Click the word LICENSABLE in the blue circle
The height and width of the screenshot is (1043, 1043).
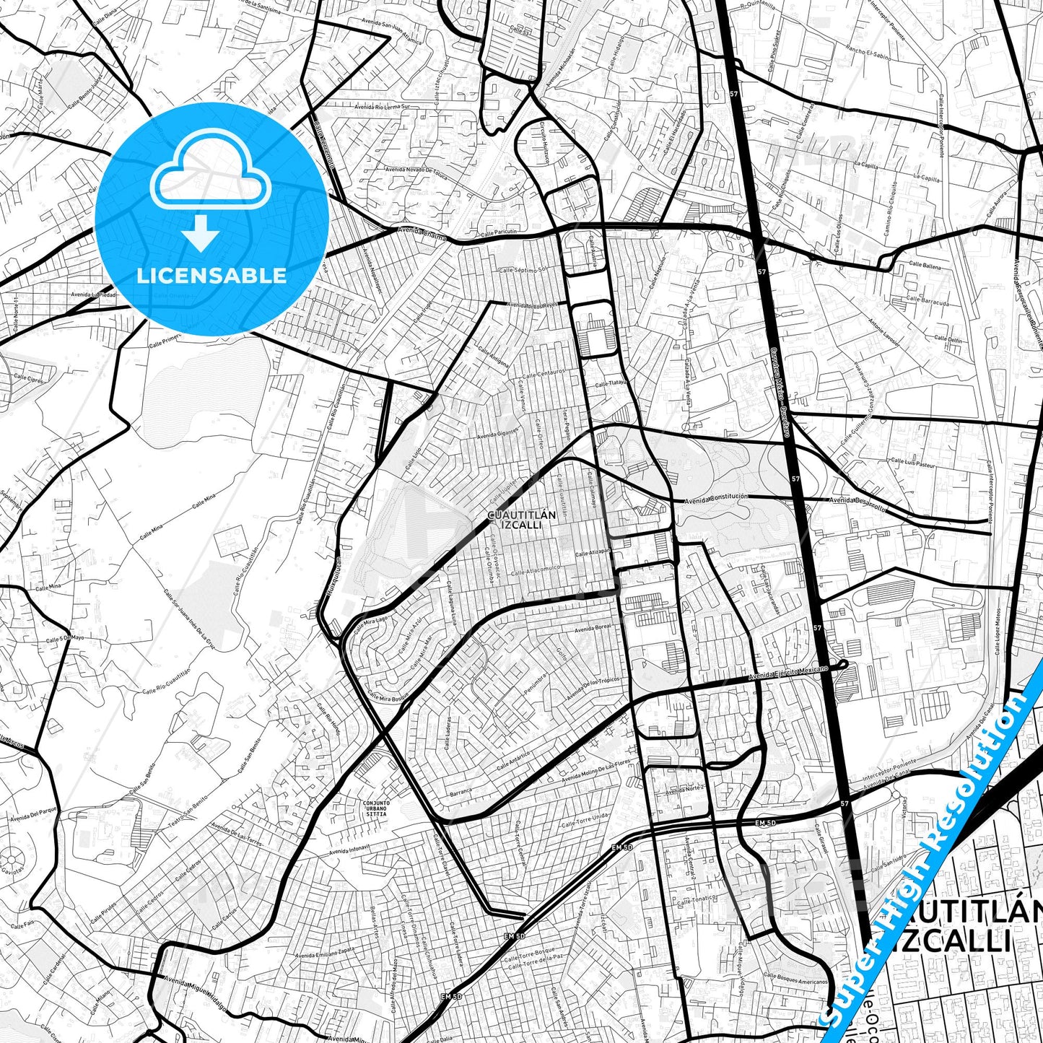(211, 276)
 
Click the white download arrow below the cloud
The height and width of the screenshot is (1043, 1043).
(201, 235)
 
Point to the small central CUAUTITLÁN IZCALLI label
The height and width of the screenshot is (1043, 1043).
(522, 520)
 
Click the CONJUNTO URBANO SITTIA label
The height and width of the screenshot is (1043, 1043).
(376, 808)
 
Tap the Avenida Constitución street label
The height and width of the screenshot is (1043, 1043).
(716, 498)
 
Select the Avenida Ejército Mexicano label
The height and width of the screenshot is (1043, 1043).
(788, 673)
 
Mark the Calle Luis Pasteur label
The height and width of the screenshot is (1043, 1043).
(913, 463)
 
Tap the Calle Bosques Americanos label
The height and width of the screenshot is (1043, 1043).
(795, 979)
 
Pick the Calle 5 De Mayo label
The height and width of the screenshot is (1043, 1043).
(66, 639)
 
